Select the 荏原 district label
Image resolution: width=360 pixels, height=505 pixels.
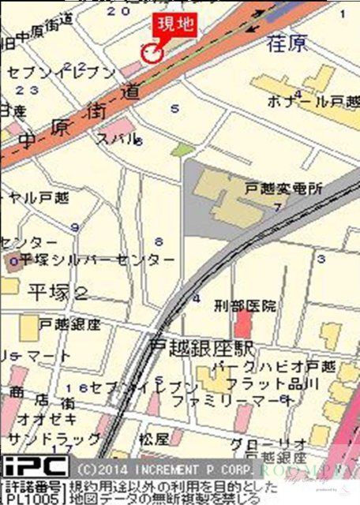pyautogui.click(x=287, y=44)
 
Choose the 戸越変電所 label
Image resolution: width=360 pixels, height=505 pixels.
pyautogui.click(x=284, y=190)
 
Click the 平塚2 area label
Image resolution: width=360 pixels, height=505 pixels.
pyautogui.click(x=58, y=292)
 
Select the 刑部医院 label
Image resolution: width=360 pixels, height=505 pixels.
pyautogui.click(x=246, y=305)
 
